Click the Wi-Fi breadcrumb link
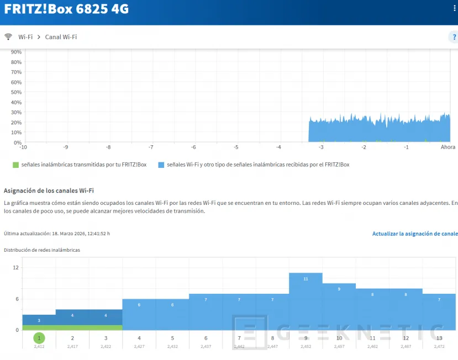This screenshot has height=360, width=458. pos(25,37)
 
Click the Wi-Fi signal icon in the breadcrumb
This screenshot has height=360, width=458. pos(8,37)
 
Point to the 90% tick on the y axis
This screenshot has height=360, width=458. pos(16,52)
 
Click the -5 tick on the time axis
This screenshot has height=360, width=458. pos(236,147)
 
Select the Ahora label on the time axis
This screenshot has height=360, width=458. pos(448,147)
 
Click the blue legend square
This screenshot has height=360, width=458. pos(161,165)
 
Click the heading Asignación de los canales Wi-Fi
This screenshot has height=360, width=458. pos(49,190)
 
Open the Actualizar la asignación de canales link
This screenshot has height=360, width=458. pos(414,234)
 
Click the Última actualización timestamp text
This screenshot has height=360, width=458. pos(57,234)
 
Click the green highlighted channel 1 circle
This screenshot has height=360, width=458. pos(39,338)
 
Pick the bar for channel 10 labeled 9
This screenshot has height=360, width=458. pos(339,306)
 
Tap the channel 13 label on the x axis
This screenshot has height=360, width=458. pos(439,338)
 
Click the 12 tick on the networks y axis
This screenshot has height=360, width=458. pos(16,267)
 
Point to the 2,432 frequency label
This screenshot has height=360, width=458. pos(172,347)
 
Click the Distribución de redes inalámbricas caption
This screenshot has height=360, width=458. pos(42,250)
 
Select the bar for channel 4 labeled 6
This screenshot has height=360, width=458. pos(139,314)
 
